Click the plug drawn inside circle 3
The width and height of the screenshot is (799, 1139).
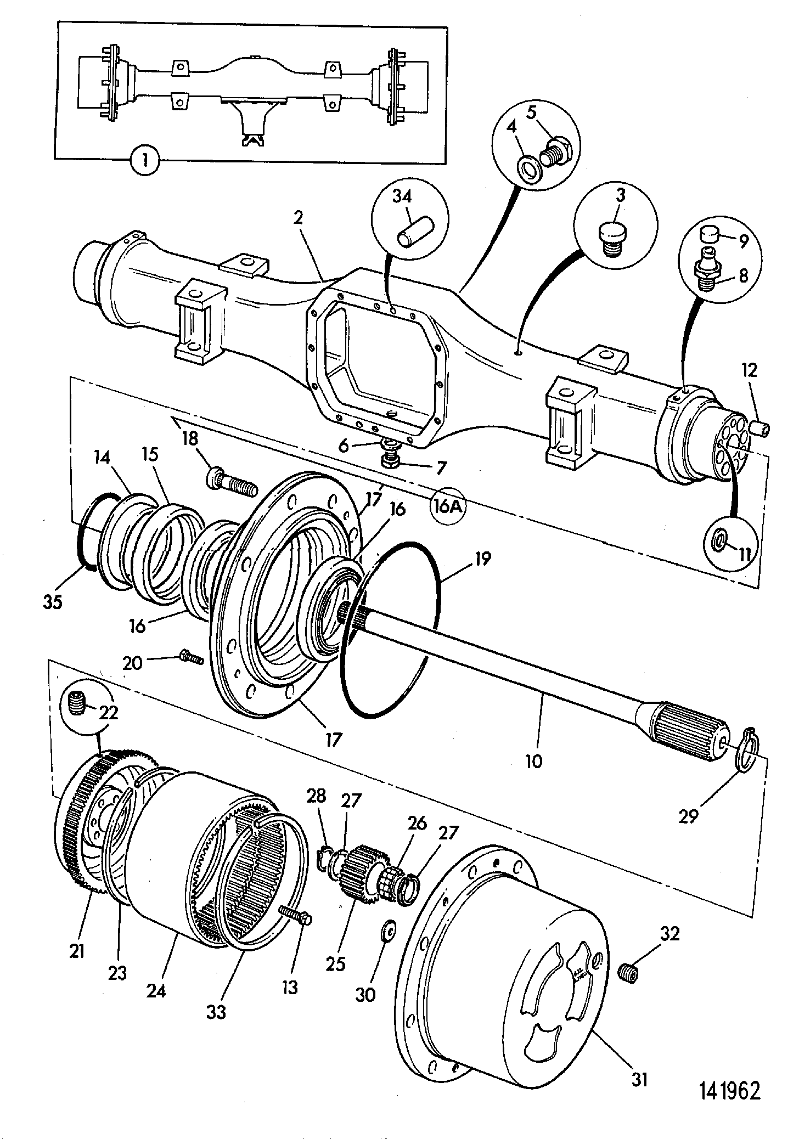coord(610,237)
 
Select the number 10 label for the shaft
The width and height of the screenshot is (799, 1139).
coord(533,762)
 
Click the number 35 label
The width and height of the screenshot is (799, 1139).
coord(53,602)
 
